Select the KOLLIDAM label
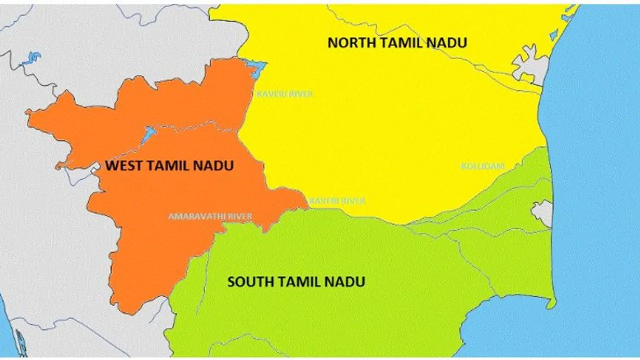click(482, 166)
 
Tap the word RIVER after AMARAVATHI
click(239, 216)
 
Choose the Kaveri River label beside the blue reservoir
click(284, 93)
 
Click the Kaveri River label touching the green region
click(337, 201)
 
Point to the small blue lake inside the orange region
click(148, 134)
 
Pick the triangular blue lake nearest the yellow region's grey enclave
click(553, 35)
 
